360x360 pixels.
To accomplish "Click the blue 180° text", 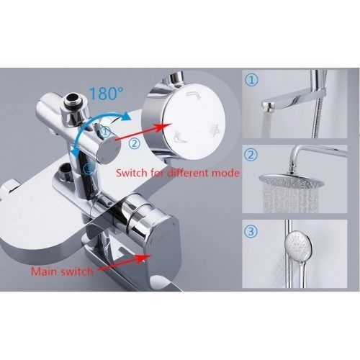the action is pyautogui.click(x=107, y=93).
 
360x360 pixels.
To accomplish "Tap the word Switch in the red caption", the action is pyautogui.click(x=131, y=173).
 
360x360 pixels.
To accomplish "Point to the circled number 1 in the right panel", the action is pyautogui.click(x=251, y=80).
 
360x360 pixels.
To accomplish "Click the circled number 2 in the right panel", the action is pyautogui.click(x=251, y=155).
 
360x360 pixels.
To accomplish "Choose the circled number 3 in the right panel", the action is pyautogui.click(x=251, y=232).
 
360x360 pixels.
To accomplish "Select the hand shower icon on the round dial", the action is pyautogui.click(x=181, y=138).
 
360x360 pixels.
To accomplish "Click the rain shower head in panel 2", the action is pyautogui.click(x=292, y=179).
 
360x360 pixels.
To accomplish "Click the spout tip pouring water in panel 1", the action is pyautogui.click(x=269, y=107).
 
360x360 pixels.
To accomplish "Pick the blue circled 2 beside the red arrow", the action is pyautogui.click(x=134, y=144).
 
